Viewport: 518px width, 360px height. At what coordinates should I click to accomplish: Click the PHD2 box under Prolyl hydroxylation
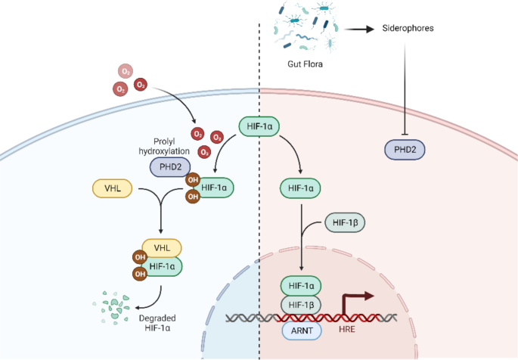pos(173,166)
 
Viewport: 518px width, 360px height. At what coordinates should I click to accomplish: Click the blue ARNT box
pos(301,330)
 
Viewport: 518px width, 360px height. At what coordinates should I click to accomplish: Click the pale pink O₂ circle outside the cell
pos(125,72)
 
